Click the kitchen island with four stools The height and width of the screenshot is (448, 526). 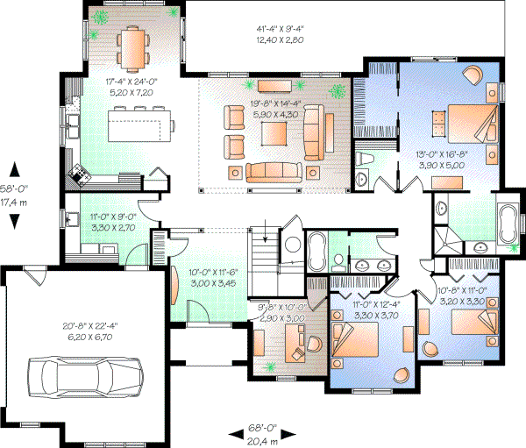click(x=140, y=123)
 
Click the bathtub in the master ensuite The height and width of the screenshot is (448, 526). click(x=507, y=223)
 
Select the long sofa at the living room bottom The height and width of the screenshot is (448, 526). click(x=274, y=170)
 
